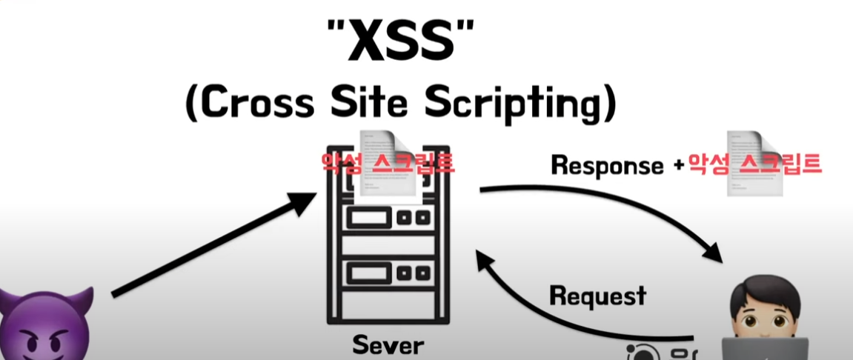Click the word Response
(x=607, y=165)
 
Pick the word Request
(x=597, y=296)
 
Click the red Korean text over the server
(x=387, y=163)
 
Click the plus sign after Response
(x=677, y=166)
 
